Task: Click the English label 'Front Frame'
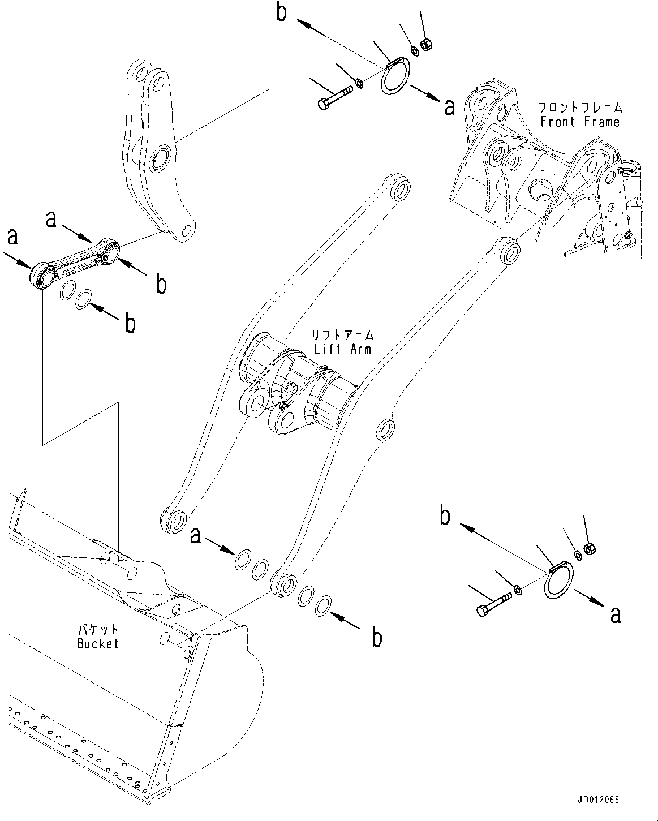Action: click(x=580, y=122)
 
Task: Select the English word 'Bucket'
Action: click(x=98, y=643)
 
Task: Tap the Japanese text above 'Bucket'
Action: click(x=98, y=629)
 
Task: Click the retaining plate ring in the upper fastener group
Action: click(x=394, y=80)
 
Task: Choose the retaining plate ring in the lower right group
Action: click(x=559, y=580)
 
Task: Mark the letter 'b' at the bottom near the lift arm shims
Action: click(x=376, y=638)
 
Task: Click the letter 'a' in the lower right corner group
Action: click(x=616, y=614)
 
